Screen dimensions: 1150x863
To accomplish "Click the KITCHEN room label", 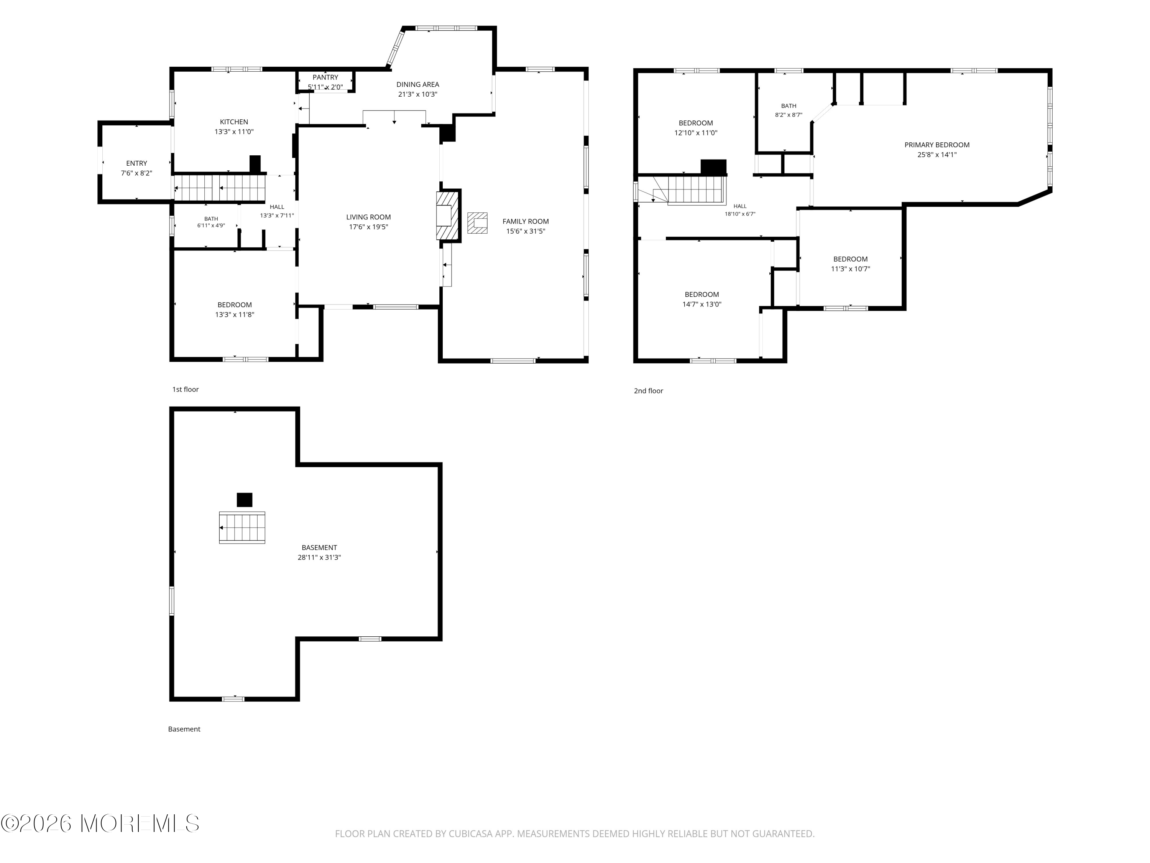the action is (x=234, y=122).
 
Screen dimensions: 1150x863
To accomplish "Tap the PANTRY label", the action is (x=325, y=77).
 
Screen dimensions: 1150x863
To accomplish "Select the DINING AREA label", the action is (x=417, y=84).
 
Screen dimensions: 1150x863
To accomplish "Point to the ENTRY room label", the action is (x=137, y=163).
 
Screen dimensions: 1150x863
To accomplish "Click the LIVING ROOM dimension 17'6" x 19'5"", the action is (x=369, y=227).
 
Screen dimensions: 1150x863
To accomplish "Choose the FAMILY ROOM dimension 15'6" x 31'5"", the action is (x=526, y=231).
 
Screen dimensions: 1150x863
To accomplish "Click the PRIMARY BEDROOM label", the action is (x=937, y=145).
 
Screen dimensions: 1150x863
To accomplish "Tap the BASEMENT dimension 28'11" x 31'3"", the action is (x=319, y=557).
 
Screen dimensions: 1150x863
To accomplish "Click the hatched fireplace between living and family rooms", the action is (x=448, y=215).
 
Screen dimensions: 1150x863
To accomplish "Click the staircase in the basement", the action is (x=242, y=527).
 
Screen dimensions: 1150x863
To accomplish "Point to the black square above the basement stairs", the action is (x=244, y=499).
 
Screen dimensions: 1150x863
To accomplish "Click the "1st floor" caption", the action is (x=186, y=389).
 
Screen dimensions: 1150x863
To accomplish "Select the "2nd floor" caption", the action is (x=648, y=391).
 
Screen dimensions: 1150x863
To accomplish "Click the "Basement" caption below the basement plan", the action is (x=184, y=729).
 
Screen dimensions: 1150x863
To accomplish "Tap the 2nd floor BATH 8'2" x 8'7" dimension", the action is (x=789, y=115).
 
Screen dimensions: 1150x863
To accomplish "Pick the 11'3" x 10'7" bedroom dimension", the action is (x=851, y=269).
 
